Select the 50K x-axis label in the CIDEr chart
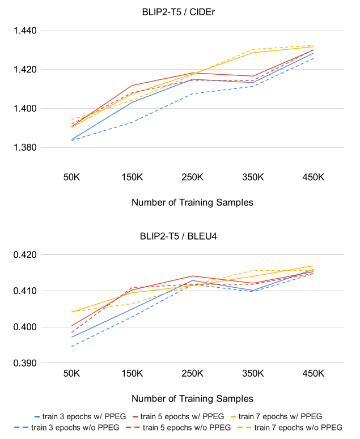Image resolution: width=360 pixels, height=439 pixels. (x=71, y=177)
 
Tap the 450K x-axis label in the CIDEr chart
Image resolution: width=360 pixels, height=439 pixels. (x=313, y=177)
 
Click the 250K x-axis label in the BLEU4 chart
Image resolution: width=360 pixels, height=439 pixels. (x=192, y=374)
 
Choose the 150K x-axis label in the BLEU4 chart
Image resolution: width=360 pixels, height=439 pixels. (x=132, y=374)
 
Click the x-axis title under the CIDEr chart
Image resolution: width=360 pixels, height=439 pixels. (x=192, y=202)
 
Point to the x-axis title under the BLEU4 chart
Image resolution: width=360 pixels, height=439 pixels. (x=192, y=398)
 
